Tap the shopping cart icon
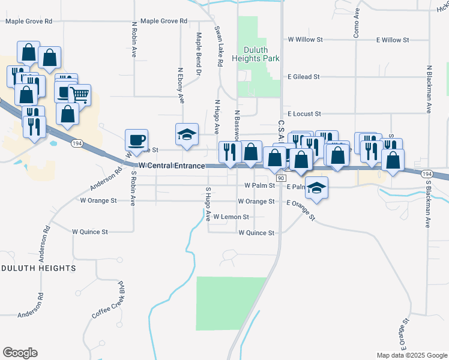point(79,94)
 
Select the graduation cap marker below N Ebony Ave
point(187,134)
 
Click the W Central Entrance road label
point(172,166)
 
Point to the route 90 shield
point(280,178)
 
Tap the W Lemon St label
point(231,217)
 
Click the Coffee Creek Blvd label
point(109,301)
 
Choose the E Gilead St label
point(304,77)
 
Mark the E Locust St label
point(304,113)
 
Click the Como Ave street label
point(356,23)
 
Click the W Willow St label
point(306,40)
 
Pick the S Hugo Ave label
point(208,203)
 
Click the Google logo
point(20,353)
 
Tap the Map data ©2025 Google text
point(411,355)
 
